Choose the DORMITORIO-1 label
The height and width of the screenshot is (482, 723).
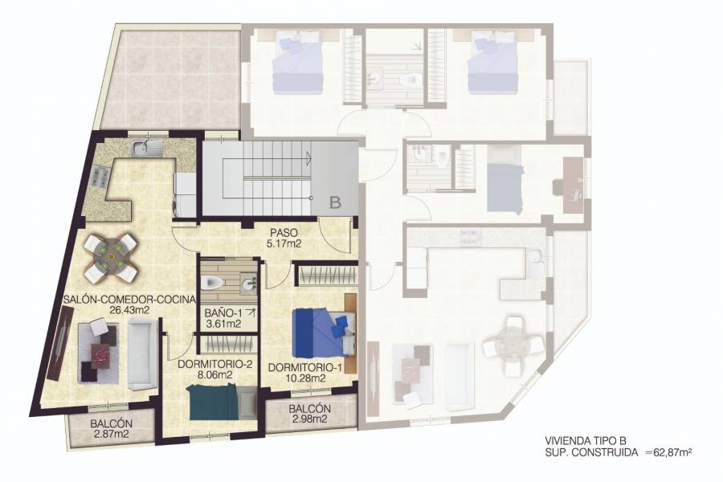(296, 368)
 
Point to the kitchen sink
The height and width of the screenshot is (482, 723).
(145, 148)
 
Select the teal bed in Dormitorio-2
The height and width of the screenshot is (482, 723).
(213, 402)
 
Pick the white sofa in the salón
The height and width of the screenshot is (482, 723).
(143, 352)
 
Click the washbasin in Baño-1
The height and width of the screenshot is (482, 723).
(247, 284)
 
